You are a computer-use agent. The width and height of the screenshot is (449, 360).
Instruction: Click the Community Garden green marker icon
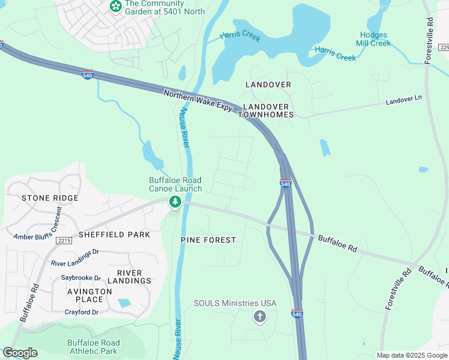point(115,7)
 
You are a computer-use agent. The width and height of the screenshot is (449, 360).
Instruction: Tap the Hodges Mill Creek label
point(373,39)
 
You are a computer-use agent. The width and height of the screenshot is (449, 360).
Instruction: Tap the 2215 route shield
point(64,241)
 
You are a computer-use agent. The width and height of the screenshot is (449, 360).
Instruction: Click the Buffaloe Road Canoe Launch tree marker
point(175,202)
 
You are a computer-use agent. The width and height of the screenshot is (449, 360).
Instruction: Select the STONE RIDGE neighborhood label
point(50,198)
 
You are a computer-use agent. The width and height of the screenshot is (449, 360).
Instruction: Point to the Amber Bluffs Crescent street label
point(38,229)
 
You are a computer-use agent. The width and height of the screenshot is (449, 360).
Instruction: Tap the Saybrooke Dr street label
point(81,278)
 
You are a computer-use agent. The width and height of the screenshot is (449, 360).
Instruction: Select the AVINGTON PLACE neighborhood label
point(89,295)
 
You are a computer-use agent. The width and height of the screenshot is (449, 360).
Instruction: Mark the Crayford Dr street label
point(82,312)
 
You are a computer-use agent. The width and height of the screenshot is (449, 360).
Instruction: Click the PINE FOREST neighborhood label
point(208,240)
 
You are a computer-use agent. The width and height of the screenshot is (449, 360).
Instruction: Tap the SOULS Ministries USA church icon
point(259,317)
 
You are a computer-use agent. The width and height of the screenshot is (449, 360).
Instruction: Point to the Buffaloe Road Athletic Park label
point(93,347)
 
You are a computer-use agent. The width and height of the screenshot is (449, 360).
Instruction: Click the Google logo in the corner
point(20,353)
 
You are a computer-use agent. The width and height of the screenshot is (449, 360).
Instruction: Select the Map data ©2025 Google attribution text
point(412,355)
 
